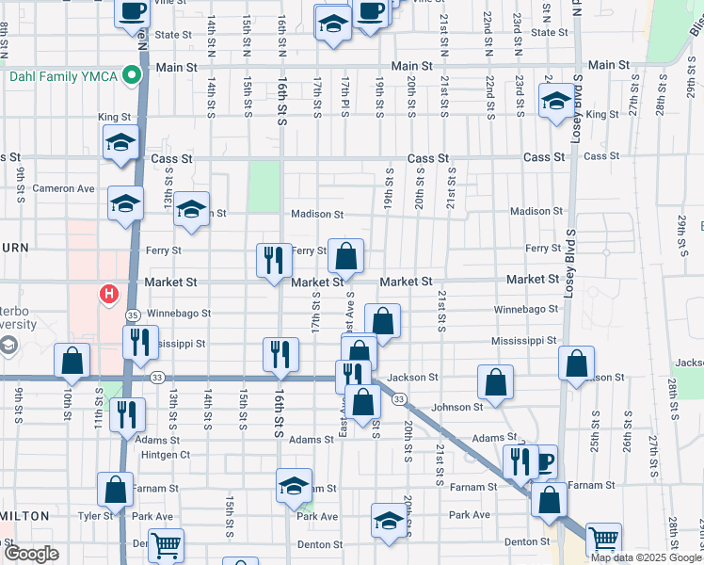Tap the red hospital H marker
pyautogui.click(x=109, y=295)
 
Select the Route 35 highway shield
pyautogui.click(x=133, y=315)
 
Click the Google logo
pyautogui.click(x=31, y=554)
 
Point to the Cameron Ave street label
pyautogui.click(x=64, y=188)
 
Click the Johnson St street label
pyautogui.click(x=457, y=407)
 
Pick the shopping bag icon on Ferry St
pyautogui.click(x=345, y=254)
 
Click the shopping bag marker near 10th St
pyautogui.click(x=72, y=359)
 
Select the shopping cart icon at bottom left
pyautogui.click(x=166, y=543)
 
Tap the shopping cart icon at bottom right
pyautogui.click(x=603, y=539)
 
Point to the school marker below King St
pyautogui.click(x=120, y=143)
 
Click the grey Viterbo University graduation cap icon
pyautogui.click(x=8, y=346)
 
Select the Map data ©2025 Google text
pyautogui.click(x=646, y=557)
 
